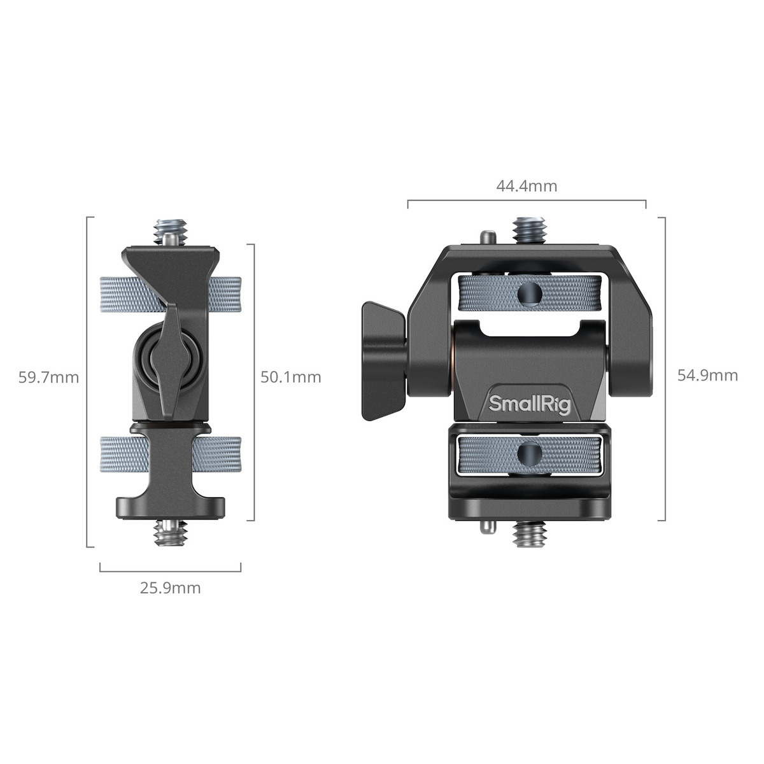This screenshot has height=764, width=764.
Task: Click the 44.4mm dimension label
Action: (x=527, y=186)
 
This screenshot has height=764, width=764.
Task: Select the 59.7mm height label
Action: (x=48, y=378)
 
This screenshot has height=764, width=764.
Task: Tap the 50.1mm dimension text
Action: (x=290, y=377)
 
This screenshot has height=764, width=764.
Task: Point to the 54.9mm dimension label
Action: (x=707, y=375)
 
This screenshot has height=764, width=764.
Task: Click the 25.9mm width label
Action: (x=170, y=588)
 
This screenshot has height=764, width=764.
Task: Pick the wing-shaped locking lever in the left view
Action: (x=171, y=360)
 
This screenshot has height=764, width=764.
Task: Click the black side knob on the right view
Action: (x=383, y=362)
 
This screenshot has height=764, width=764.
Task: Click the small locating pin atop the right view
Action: (x=488, y=237)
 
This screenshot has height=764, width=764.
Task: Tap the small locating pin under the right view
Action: (x=488, y=527)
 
